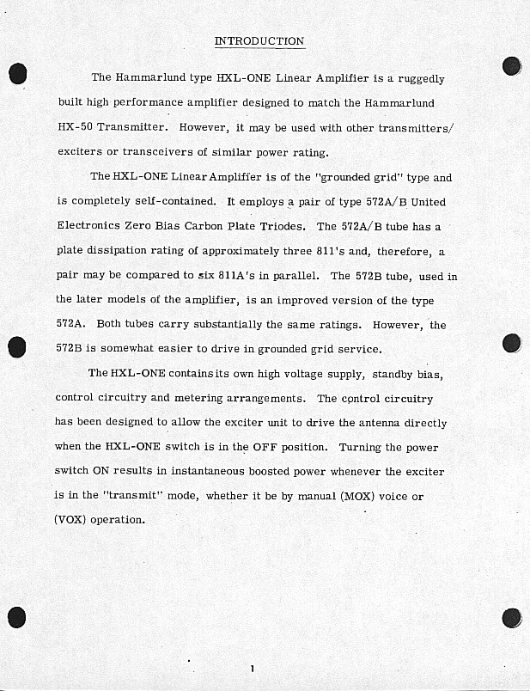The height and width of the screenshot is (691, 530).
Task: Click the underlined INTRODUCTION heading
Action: (259, 40)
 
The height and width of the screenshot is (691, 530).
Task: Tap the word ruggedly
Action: (420, 78)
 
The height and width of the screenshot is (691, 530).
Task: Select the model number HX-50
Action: (75, 127)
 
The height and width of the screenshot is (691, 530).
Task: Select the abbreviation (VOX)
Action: (70, 520)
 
